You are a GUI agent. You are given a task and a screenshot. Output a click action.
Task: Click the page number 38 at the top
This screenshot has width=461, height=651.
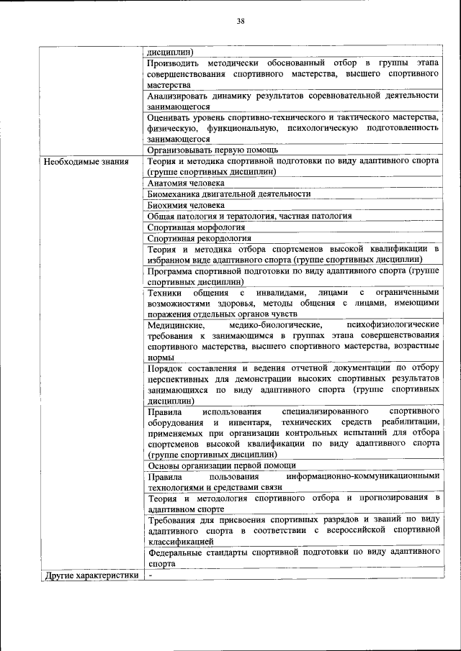pyautogui.click(x=241, y=21)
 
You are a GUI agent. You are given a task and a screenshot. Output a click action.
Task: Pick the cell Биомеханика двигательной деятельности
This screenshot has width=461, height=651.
pyautogui.click(x=229, y=194)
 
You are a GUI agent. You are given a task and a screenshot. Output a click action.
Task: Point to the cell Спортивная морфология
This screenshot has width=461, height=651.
pyautogui.click(x=196, y=227)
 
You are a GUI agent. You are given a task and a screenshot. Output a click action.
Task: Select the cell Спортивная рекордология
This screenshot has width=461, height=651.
pyautogui.click(x=199, y=238)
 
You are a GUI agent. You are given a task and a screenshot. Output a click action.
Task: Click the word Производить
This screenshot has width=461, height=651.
pyautogui.click(x=175, y=63)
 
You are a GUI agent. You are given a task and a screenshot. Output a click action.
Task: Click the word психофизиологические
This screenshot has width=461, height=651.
pyautogui.click(x=392, y=325)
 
